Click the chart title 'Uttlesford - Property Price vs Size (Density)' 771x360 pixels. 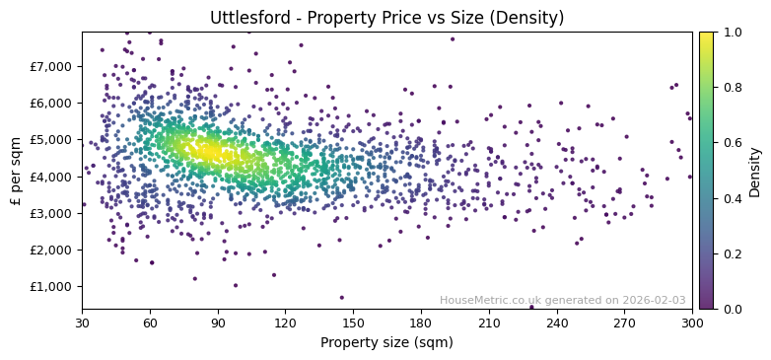[386, 18]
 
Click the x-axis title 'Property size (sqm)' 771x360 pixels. [386, 343]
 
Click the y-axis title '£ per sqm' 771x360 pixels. [16, 171]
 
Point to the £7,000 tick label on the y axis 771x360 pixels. [51, 66]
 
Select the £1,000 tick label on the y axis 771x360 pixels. [51, 286]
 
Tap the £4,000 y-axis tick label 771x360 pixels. [51, 177]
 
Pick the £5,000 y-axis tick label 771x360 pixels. [51, 140]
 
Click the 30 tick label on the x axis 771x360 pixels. [82, 323]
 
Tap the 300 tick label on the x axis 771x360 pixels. [692, 323]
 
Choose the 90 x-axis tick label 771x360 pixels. [218, 323]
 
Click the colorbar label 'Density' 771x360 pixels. [755, 171]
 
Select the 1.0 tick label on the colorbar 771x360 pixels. [732, 32]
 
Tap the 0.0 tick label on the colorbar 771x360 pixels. [732, 309]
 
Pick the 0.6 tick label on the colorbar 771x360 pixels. [732, 143]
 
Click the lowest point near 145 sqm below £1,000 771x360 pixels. [342, 297]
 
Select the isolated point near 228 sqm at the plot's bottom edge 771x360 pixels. [531, 307]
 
